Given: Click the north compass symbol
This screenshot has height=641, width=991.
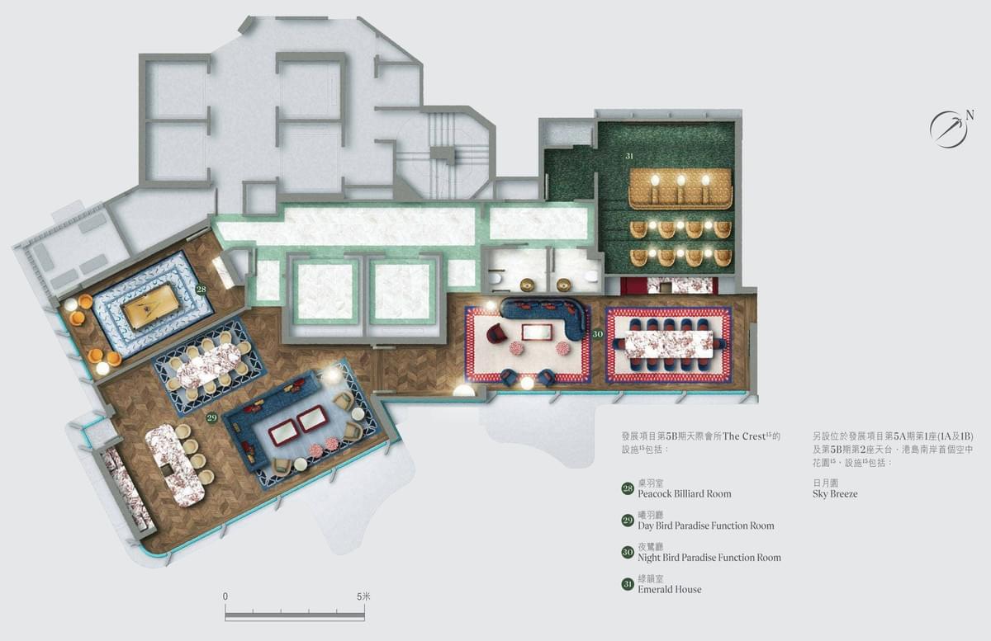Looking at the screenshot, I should pos(949,129).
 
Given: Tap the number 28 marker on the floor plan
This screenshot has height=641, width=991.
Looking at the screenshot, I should pos(202,290).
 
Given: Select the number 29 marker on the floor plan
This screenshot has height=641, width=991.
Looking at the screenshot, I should pos(212,418).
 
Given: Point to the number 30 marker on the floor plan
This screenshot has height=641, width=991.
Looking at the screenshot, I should pos(597,334).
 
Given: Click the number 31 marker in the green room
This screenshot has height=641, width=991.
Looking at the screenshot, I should pos(629,156).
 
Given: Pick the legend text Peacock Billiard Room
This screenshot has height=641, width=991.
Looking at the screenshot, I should pos(684,494).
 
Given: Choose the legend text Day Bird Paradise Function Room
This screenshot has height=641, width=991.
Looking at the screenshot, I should pos(705,526).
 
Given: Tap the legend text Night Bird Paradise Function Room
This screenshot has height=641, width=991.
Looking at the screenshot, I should pos(709,558).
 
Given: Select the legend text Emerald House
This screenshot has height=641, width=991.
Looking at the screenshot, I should pos(669,590).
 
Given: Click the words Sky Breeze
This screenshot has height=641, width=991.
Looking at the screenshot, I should pos(835,494).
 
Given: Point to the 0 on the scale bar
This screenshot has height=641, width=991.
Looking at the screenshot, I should pos(225,596).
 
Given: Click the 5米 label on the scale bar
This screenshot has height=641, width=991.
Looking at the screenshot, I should pos(364,596).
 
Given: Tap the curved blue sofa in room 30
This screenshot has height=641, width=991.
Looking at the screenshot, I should pos(546,313).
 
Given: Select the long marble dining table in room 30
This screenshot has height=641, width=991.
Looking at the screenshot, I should pos(669,345).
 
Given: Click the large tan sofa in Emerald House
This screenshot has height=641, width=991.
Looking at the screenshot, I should pos(680,189).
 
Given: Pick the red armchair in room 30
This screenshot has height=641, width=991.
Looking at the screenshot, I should pos(497,334).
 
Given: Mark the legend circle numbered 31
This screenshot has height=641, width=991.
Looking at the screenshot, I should pos(628,585).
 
